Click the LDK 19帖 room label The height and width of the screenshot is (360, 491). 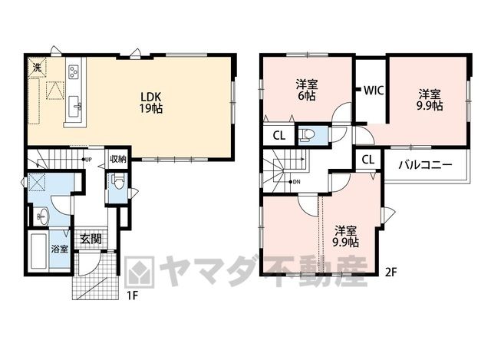(151, 102)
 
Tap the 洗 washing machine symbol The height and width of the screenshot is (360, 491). (38, 67)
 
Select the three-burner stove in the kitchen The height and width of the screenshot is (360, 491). (74, 71)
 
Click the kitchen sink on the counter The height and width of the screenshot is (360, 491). (74, 106)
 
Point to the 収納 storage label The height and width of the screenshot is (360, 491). (118, 159)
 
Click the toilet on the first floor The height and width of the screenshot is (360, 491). (118, 181)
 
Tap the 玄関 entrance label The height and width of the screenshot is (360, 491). (91, 239)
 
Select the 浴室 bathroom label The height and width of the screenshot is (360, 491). (60, 249)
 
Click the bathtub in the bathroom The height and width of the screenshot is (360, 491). (39, 250)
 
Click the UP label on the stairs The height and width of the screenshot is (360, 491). (88, 160)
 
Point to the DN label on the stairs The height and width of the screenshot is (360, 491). (296, 182)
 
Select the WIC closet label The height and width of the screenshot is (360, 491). (374, 91)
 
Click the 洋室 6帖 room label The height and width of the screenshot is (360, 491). (307, 90)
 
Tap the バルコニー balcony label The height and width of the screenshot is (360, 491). (426, 165)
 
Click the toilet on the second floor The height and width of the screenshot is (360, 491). (307, 135)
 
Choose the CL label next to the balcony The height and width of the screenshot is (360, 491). (368, 160)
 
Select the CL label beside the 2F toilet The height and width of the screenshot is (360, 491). (279, 136)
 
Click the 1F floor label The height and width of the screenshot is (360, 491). (133, 296)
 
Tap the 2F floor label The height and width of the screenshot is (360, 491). (390, 272)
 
